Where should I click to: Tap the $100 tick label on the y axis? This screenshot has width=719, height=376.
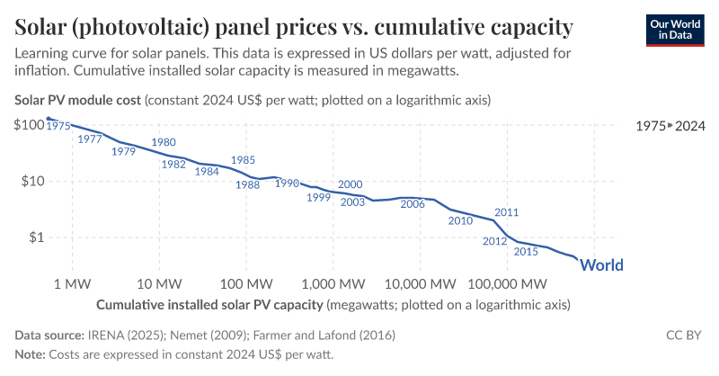point(30,123)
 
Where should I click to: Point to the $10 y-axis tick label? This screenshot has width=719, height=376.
point(33,181)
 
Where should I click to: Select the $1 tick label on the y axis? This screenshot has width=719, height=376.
point(36,237)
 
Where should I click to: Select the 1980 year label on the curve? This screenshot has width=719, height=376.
point(164,142)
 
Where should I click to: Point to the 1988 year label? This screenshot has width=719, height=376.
point(247,184)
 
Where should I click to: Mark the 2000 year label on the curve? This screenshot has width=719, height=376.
point(350,184)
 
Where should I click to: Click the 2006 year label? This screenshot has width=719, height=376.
point(413,204)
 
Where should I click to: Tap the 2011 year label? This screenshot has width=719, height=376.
point(507,213)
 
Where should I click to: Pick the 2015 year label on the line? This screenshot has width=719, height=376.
point(526,252)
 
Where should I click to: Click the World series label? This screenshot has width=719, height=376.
point(601,264)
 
